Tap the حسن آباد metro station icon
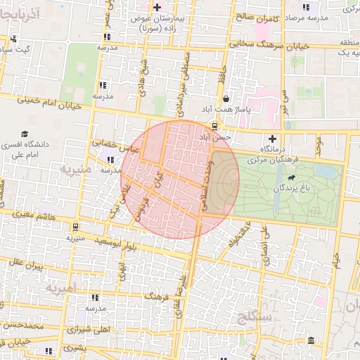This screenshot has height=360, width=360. tap(212, 127)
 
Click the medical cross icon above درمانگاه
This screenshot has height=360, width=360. tap(272, 139)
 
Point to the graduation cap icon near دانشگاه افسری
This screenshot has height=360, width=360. tap(25, 134)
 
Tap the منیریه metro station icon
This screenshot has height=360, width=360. tap(75, 227)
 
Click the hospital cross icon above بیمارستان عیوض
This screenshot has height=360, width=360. tap(157, 7)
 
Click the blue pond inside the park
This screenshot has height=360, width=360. tap(324, 171)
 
